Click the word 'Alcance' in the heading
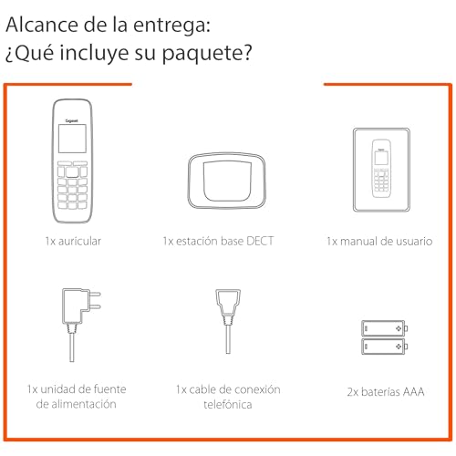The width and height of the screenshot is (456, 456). (x=42, y=25)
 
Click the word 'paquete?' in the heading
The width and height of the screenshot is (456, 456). (x=207, y=53)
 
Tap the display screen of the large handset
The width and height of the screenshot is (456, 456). (x=72, y=139)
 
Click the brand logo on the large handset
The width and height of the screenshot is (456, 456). (x=72, y=120)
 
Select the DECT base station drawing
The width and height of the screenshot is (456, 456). (x=227, y=181)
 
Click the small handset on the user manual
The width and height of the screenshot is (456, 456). (x=381, y=169)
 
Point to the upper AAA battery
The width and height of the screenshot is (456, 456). (x=384, y=328)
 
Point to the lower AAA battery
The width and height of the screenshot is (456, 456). (x=384, y=347)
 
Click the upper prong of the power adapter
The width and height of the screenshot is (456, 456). (x=95, y=294)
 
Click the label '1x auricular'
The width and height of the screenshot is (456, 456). (x=73, y=241)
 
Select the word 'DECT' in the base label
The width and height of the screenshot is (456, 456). (x=260, y=241)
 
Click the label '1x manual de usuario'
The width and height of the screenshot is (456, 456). (x=379, y=241)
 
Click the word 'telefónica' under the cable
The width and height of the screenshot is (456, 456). (x=228, y=405)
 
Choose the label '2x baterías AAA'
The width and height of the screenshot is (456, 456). (x=386, y=392)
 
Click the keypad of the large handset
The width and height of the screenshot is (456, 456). (x=72, y=185)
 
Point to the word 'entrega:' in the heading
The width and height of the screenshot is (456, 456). (x=171, y=26)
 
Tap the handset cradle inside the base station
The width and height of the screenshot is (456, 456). (x=227, y=181)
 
